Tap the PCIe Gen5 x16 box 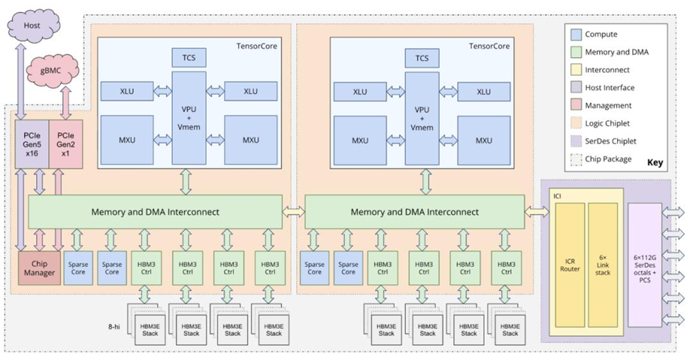pyautogui.click(x=31, y=144)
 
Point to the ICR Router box pyautogui.click(x=570, y=264)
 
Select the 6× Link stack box pyautogui.click(x=603, y=264)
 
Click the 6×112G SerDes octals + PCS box pyautogui.click(x=644, y=264)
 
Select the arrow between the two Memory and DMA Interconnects pyautogui.click(x=293, y=211)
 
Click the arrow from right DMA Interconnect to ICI pyautogui.click(x=536, y=211)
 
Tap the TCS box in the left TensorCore pyautogui.click(x=188, y=58)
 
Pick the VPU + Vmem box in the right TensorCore pyautogui.click(x=422, y=119)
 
